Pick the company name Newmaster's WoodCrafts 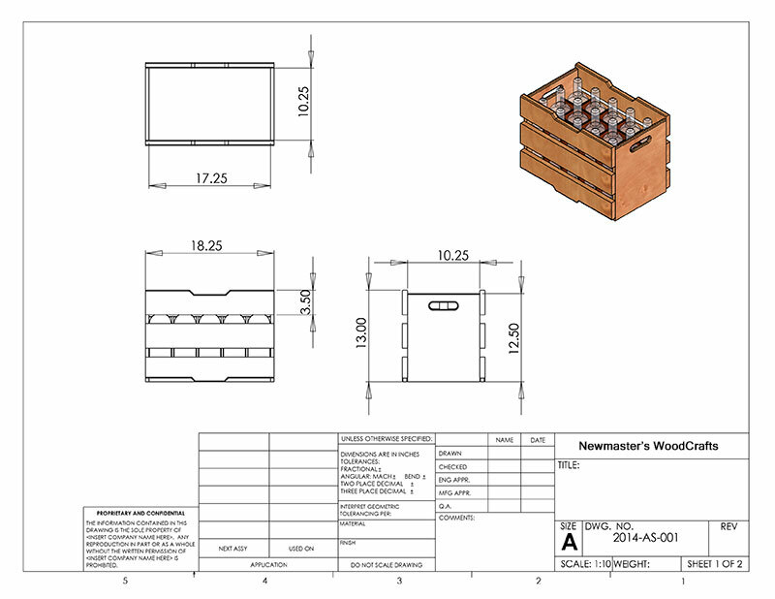coord(648,447)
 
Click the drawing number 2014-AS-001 coord(647,535)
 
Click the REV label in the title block coord(728,525)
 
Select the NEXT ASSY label coord(233,549)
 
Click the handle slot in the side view coord(443,306)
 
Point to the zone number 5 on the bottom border coord(124,582)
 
